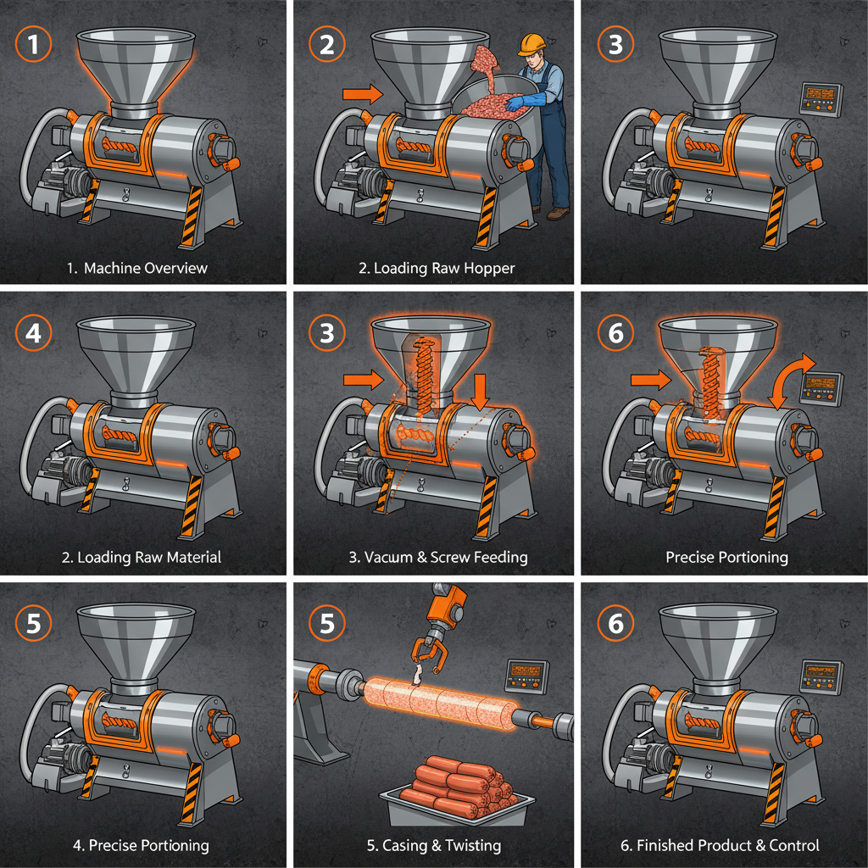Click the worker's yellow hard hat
tap(531, 42)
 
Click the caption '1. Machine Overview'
tap(136, 268)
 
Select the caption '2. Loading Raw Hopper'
tap(436, 268)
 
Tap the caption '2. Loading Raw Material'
tap(141, 557)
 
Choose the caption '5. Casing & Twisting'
tap(434, 845)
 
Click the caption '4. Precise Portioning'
tap(141, 845)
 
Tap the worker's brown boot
tap(557, 214)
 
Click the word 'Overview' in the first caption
tap(175, 268)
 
